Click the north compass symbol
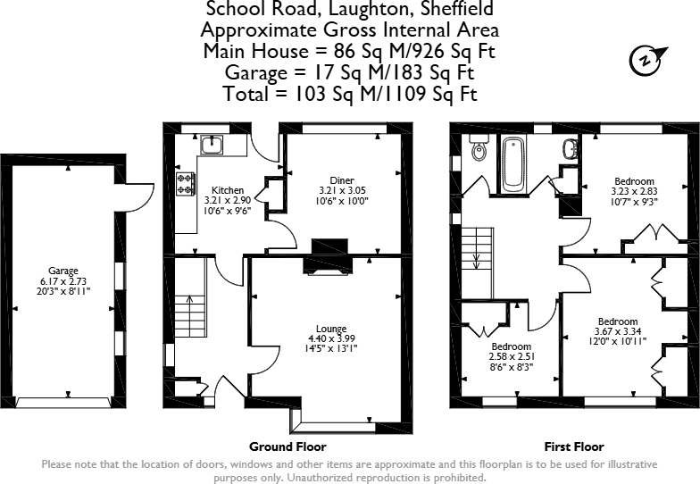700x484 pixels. tap(645, 60)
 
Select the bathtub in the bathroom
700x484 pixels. tap(513, 163)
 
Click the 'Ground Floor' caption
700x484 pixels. tap(287, 446)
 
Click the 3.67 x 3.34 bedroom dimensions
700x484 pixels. tap(617, 331)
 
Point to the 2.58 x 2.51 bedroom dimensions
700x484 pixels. tap(512, 356)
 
